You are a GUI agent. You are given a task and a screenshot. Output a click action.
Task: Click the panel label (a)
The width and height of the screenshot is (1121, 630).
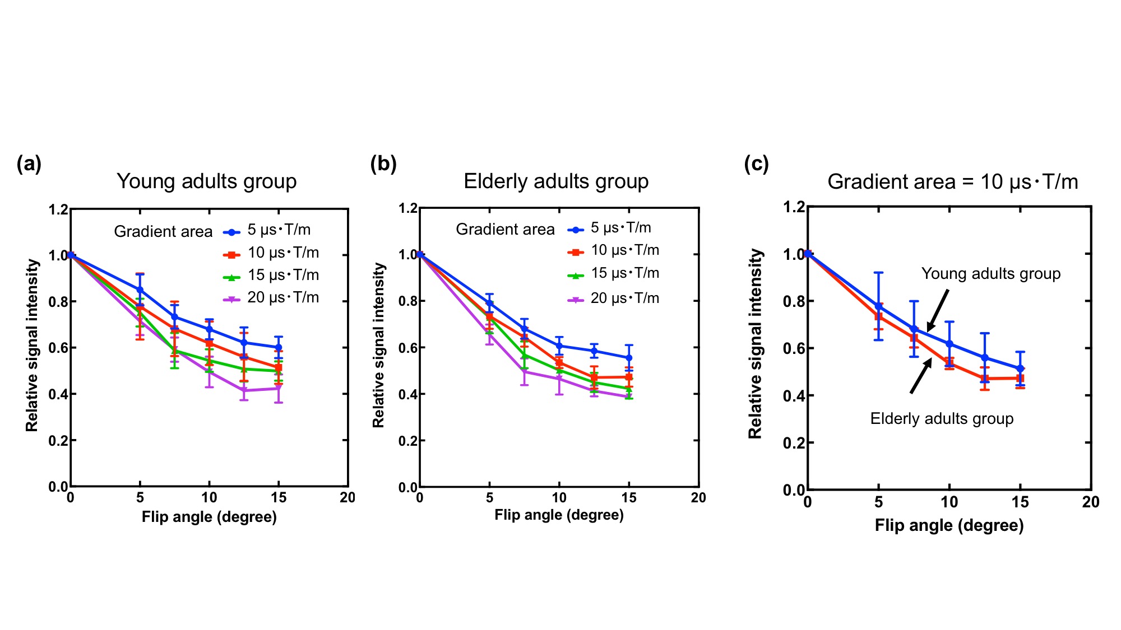click(x=29, y=164)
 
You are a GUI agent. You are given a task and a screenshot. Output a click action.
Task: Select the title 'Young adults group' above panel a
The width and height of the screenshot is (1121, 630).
click(x=206, y=181)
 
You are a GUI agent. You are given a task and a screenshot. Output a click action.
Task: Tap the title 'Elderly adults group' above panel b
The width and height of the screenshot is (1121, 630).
click(x=556, y=181)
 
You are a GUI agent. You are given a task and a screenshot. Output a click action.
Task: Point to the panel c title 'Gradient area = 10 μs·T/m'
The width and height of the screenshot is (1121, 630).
click(x=952, y=182)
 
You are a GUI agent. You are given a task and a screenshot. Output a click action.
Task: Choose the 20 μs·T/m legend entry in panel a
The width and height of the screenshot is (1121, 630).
click(x=272, y=298)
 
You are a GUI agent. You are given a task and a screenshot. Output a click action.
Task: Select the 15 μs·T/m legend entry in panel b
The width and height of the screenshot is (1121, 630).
click(x=614, y=274)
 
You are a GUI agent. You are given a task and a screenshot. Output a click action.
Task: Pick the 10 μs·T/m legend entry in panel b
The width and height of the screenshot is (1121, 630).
click(x=614, y=251)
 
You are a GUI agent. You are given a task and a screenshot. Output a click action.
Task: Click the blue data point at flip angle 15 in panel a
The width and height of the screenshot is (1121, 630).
click(x=279, y=347)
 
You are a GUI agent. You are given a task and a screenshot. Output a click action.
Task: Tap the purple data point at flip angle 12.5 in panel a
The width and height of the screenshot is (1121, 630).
click(x=244, y=390)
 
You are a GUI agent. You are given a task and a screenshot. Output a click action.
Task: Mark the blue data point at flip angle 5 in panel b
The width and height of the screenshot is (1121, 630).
click(x=489, y=303)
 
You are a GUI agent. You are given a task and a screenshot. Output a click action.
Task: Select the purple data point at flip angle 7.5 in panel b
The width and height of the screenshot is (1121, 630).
click(x=525, y=371)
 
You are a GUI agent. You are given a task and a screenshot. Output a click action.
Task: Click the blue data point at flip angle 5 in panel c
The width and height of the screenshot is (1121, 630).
click(x=878, y=306)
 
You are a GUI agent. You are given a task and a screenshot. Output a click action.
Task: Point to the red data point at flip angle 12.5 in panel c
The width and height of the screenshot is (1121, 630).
click(x=985, y=379)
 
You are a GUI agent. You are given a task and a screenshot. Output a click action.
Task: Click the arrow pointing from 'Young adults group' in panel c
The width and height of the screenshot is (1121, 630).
click(x=938, y=310)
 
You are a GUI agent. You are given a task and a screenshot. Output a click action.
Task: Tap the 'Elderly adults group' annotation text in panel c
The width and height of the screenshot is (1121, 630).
click(x=942, y=419)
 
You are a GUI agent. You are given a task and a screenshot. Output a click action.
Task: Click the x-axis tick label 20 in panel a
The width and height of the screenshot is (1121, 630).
click(x=348, y=498)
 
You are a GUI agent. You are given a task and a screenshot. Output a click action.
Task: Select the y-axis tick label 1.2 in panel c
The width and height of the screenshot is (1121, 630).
click(x=794, y=207)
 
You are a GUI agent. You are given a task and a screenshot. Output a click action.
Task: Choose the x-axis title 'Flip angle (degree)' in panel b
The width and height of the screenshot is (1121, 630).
click(x=559, y=515)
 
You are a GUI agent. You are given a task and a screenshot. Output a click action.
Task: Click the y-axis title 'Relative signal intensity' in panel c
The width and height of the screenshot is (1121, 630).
click(x=756, y=343)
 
